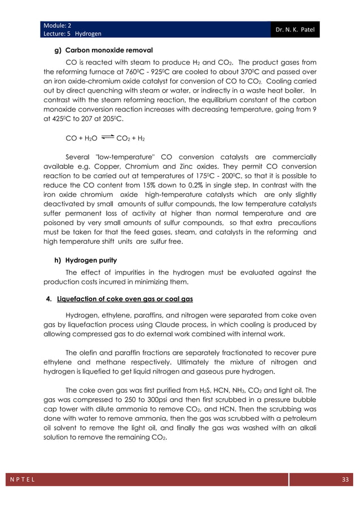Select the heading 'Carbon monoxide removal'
click(104, 50)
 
